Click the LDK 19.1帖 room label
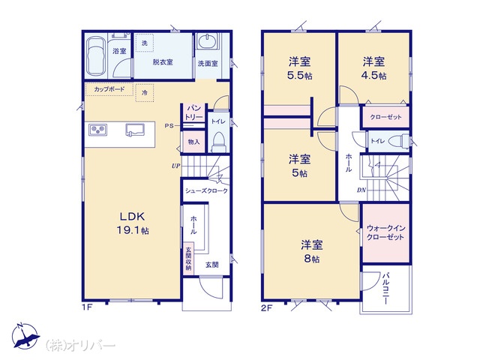click(x=133, y=223)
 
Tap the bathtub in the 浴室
click(x=95, y=57)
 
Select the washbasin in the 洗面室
click(x=207, y=41)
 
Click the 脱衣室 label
click(x=163, y=62)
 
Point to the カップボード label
click(x=109, y=89)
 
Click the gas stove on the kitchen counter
click(x=98, y=130)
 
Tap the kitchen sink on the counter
click(x=135, y=130)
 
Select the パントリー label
click(x=194, y=112)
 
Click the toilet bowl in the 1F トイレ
click(x=218, y=142)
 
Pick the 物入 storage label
click(x=193, y=142)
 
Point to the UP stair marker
click(x=176, y=166)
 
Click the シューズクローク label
click(x=207, y=190)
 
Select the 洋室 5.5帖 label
click(x=300, y=68)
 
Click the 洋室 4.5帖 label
click(x=373, y=68)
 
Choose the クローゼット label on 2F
click(x=385, y=117)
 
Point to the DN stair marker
click(x=361, y=190)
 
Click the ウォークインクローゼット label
click(x=385, y=232)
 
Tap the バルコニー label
click(x=385, y=288)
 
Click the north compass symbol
click(x=25, y=337)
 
